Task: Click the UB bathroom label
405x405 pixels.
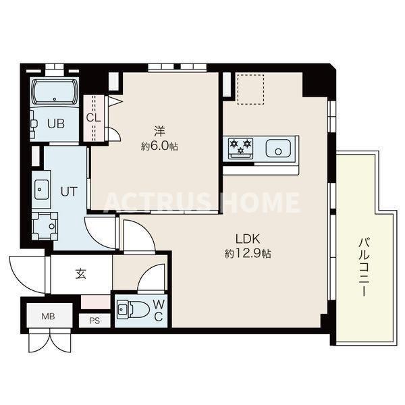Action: pos(56,124)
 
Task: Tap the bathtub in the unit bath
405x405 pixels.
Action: pos(54,91)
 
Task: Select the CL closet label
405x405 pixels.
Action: pos(93,117)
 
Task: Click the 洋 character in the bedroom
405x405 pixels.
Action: pos(159,132)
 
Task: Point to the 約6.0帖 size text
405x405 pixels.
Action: pos(159,146)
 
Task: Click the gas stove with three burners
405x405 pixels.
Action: pos(240,148)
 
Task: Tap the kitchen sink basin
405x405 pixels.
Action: pos(277,148)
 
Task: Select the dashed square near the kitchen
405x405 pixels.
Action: pos(250,89)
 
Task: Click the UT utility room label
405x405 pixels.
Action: pos(69,192)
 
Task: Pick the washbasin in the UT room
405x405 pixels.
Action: pos(41,190)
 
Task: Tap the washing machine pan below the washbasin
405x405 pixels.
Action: pos(45,226)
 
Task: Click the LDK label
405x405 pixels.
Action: pos(248,239)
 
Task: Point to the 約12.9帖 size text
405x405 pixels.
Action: pos(248,254)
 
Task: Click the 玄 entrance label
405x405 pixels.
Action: pos(80,274)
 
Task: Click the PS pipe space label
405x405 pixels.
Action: pos(94,321)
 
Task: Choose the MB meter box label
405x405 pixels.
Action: pos(49,317)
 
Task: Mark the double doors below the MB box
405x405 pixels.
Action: pos(50,341)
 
